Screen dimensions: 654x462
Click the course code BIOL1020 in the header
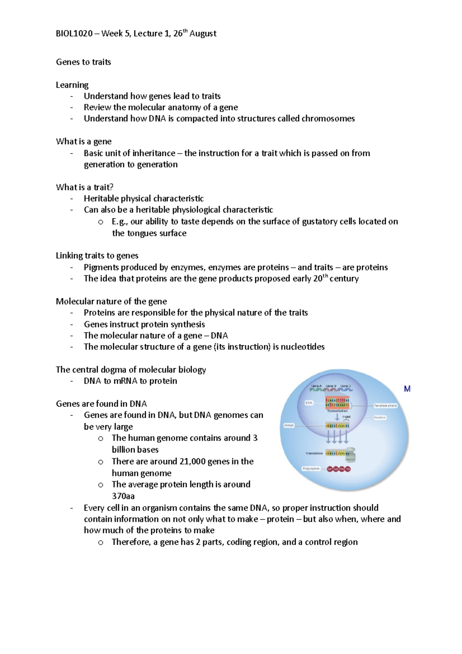(x=74, y=34)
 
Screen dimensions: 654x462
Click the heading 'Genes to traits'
(x=83, y=62)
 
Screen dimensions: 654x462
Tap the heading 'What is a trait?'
(x=84, y=187)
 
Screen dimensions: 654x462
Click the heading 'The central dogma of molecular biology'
(x=131, y=370)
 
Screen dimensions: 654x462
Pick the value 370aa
(x=123, y=496)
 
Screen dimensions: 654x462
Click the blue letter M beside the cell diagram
(x=407, y=389)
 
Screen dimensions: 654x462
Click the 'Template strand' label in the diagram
(x=385, y=406)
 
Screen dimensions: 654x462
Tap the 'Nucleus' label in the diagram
(x=380, y=418)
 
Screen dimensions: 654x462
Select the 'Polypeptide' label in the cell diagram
(x=311, y=469)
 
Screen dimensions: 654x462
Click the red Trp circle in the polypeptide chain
(x=348, y=469)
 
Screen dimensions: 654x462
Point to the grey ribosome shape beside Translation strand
(x=350, y=454)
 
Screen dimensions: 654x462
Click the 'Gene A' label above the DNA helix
(x=316, y=386)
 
